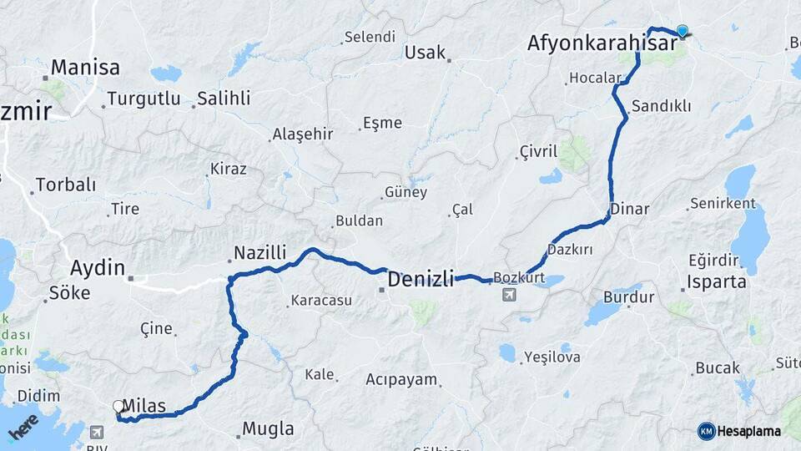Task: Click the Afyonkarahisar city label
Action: (x=601, y=43)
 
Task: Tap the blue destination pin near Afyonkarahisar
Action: (x=683, y=32)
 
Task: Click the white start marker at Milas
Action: (x=118, y=407)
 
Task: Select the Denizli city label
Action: (x=421, y=277)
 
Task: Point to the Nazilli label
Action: (x=259, y=252)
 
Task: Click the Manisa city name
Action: (x=85, y=68)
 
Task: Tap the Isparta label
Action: (x=716, y=281)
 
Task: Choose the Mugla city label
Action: (x=268, y=429)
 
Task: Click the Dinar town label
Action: (x=629, y=209)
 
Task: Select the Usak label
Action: (x=425, y=53)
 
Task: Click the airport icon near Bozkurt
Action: (x=508, y=294)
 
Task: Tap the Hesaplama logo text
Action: (x=748, y=431)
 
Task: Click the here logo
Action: (x=23, y=428)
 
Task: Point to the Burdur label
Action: (x=628, y=296)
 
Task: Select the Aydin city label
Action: (x=97, y=269)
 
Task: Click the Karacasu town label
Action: (x=320, y=301)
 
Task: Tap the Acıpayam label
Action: (x=401, y=379)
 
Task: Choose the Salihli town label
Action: (x=223, y=99)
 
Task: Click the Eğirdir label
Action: (x=714, y=260)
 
